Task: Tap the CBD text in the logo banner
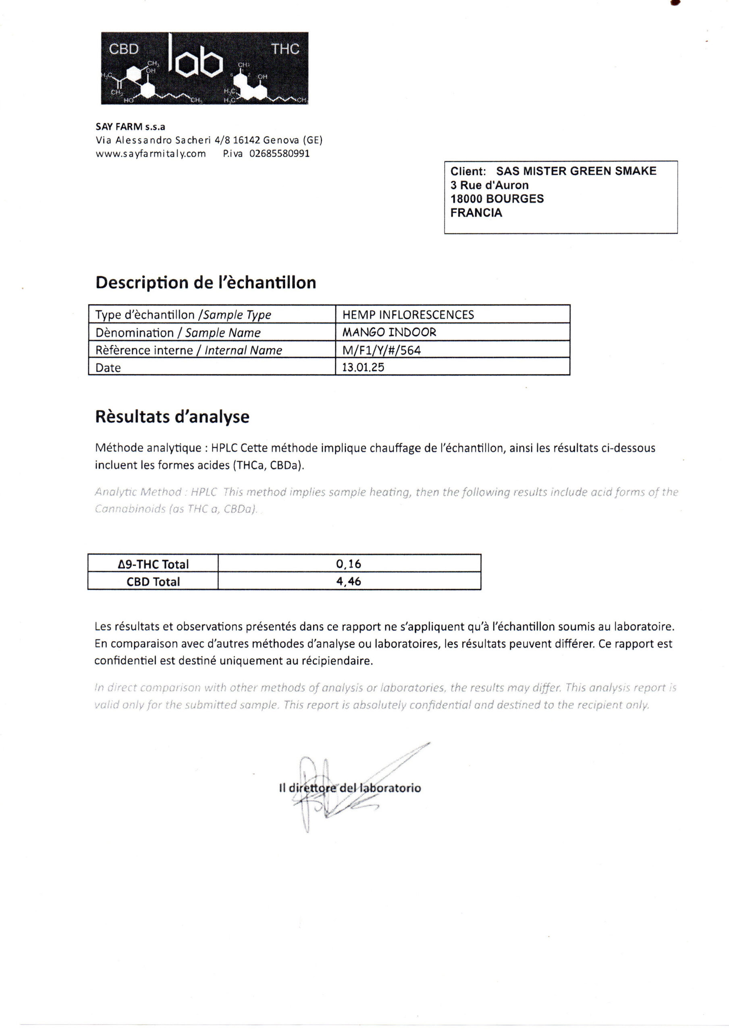(124, 49)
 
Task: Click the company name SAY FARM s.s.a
(130, 127)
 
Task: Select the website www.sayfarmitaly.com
(151, 154)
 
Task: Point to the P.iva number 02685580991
(280, 154)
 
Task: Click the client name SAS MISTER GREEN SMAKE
(576, 171)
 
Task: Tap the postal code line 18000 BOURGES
(497, 199)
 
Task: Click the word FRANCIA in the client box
(476, 213)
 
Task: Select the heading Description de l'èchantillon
(206, 282)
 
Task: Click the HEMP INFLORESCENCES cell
(408, 315)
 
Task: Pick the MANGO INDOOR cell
(389, 332)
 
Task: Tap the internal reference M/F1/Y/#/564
(382, 350)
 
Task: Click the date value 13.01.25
(363, 367)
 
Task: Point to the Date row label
(108, 368)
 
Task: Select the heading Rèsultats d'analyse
(172, 417)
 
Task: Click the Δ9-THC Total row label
(153, 564)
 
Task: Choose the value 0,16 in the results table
(349, 563)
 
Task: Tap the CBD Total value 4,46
(349, 582)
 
